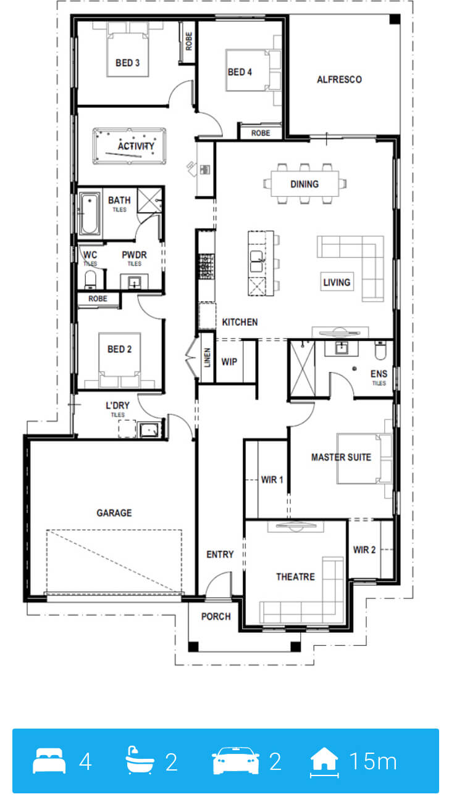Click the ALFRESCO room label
(339, 80)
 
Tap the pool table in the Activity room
(129, 146)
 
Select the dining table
(304, 184)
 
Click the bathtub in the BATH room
(89, 213)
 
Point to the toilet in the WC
(90, 279)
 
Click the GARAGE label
(114, 513)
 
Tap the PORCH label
(216, 616)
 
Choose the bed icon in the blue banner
(49, 761)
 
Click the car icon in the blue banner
(235, 761)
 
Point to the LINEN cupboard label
(207, 357)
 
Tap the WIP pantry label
(229, 362)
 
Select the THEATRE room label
(295, 577)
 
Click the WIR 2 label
(364, 550)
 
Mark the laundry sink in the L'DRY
(149, 429)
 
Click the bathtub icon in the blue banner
(140, 760)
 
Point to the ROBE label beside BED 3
(189, 41)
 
